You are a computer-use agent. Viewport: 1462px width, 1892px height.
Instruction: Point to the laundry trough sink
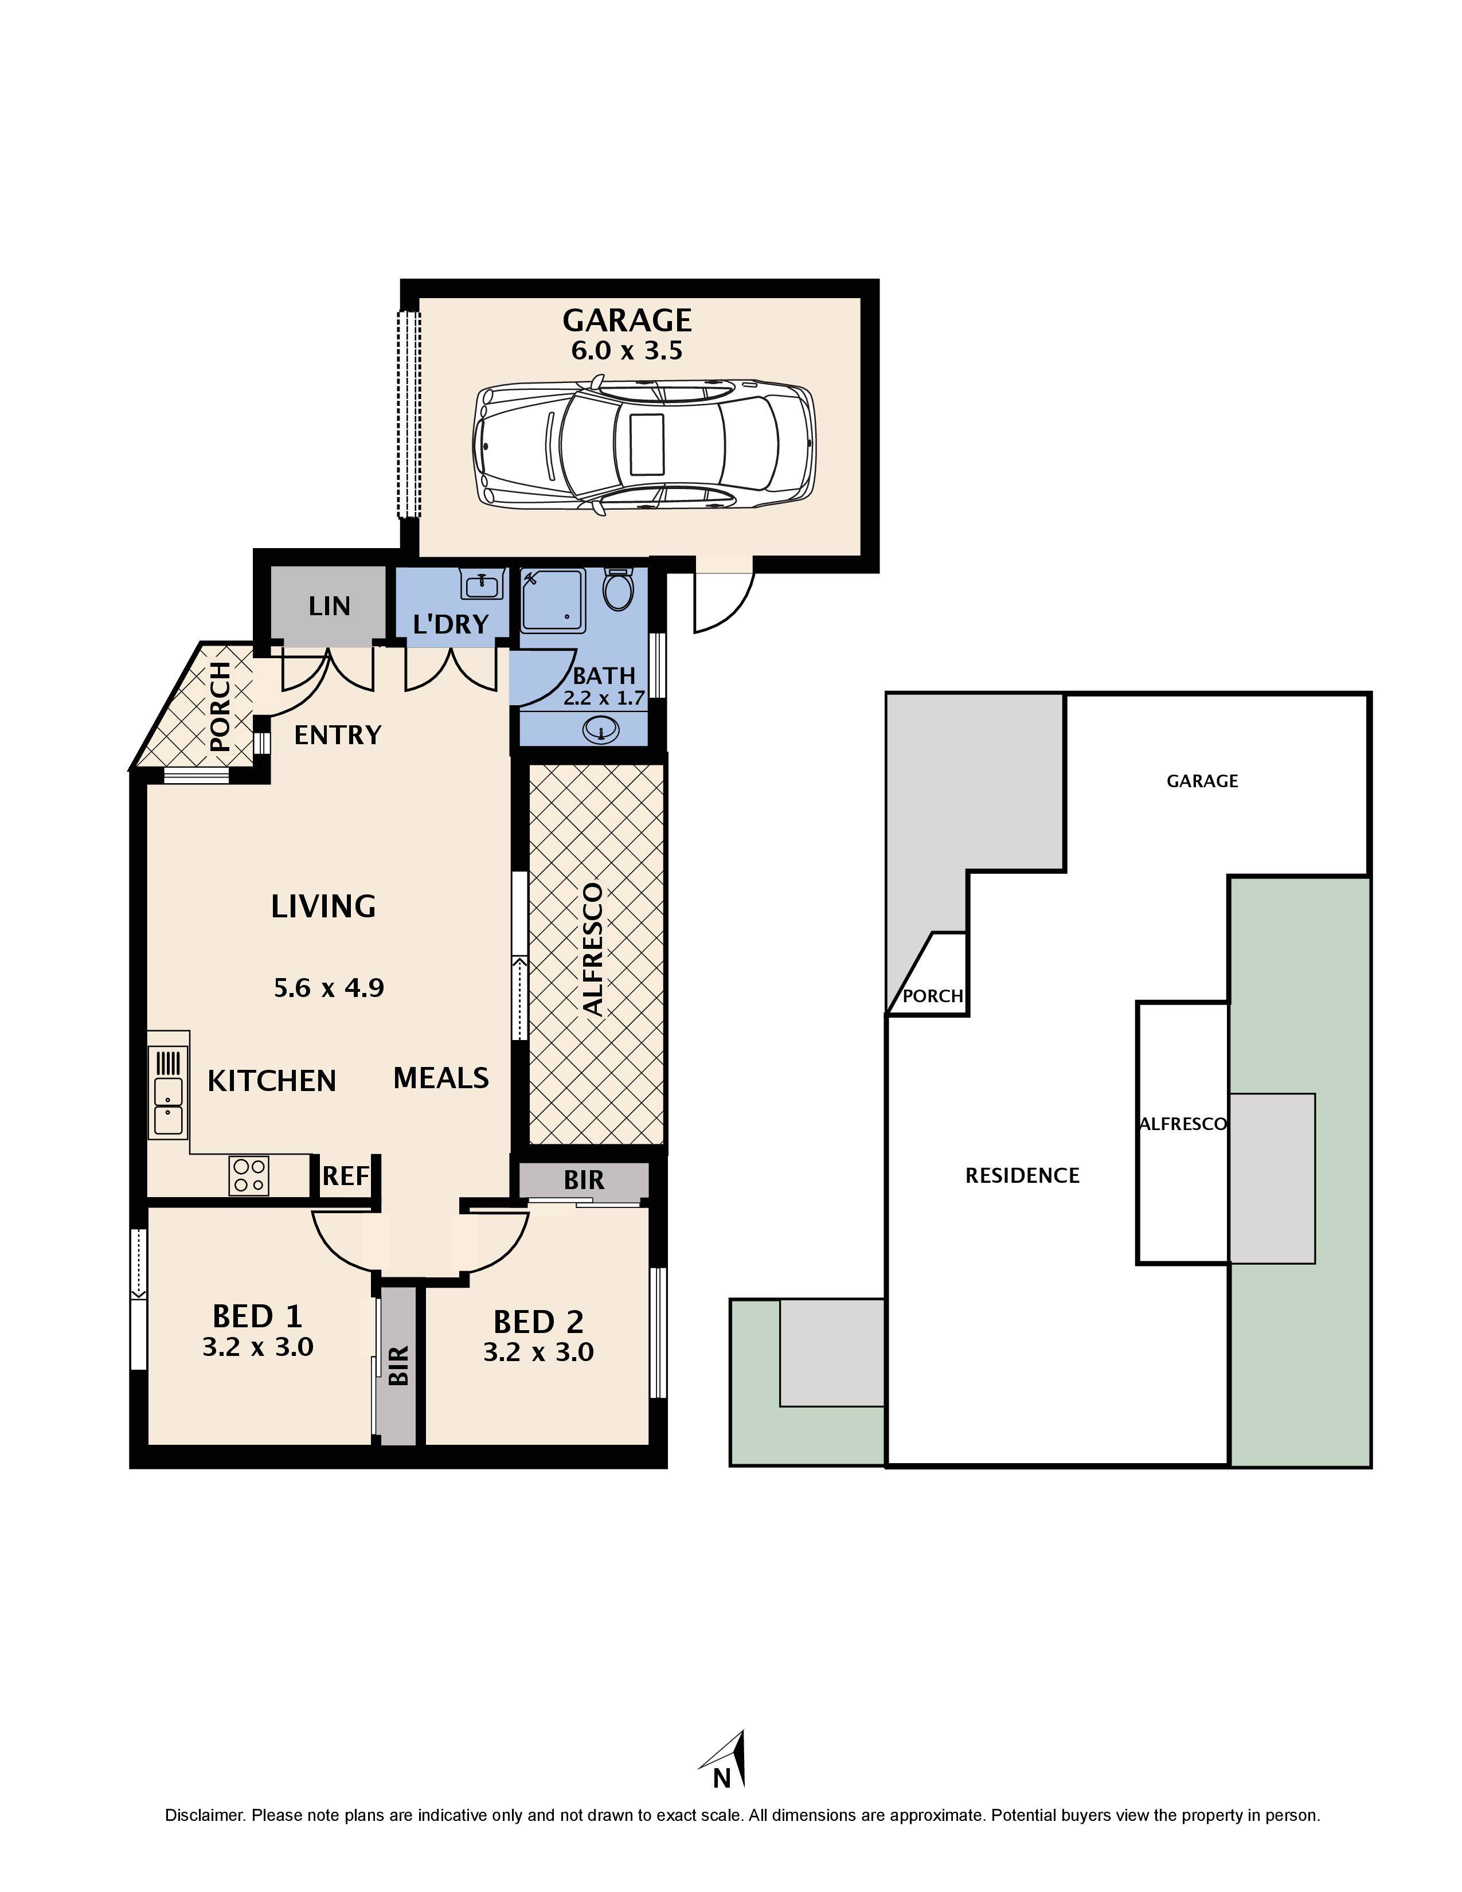(483, 585)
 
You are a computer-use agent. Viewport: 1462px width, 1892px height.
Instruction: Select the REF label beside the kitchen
(346, 1175)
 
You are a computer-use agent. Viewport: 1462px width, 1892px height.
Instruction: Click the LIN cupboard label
(329, 605)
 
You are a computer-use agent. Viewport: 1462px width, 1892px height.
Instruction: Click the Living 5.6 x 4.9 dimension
(329, 988)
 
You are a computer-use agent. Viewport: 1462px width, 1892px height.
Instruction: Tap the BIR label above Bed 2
(584, 1180)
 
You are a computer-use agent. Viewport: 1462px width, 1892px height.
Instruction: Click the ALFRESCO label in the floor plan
(593, 949)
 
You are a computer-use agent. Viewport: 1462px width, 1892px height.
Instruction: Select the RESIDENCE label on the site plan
(1023, 1175)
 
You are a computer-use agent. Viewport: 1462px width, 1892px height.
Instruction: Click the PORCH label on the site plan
(933, 996)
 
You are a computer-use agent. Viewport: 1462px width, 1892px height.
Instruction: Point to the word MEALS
(441, 1078)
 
